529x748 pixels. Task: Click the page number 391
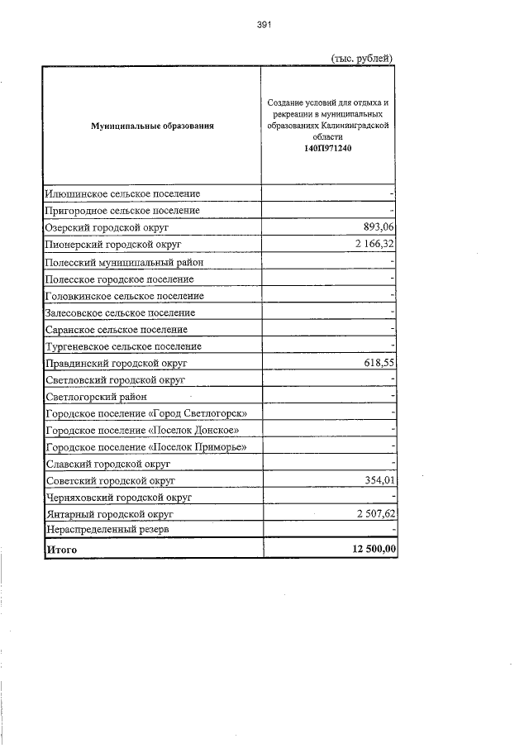click(264, 25)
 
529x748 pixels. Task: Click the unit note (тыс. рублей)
click(360, 58)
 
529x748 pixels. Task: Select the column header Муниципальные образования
click(152, 126)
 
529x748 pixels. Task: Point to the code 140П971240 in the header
click(327, 148)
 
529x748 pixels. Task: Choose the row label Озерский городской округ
click(107, 227)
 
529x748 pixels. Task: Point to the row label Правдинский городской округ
click(118, 363)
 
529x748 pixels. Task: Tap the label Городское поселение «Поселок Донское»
click(143, 431)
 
